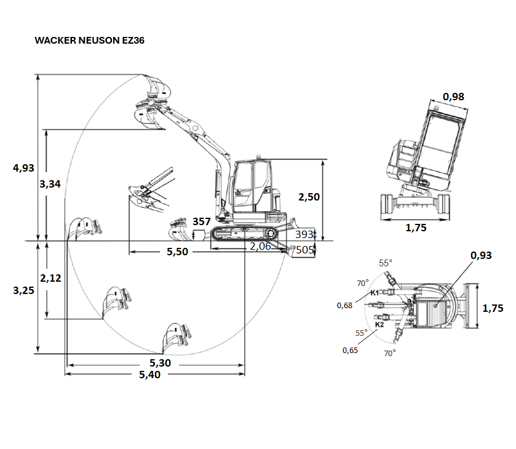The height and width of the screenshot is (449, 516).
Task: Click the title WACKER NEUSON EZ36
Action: pos(90,40)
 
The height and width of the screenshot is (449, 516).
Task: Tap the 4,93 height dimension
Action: pos(23,168)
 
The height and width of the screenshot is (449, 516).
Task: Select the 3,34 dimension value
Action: pos(50,184)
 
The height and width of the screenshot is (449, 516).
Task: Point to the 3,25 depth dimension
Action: pos(23,290)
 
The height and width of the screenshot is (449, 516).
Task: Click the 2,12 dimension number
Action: pos(50,278)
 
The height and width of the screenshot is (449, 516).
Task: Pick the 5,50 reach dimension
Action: pos(177,252)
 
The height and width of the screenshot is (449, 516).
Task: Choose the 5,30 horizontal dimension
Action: pos(161,363)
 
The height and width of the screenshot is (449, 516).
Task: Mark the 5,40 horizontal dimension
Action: pos(149,375)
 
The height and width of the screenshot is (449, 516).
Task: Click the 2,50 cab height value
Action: pos(309,197)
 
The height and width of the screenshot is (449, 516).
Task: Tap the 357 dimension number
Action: pos(201,221)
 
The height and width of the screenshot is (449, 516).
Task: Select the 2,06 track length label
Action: pos(260,246)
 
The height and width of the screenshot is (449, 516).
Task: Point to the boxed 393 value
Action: pos(304,234)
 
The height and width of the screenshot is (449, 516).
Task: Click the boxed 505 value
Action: pos(304,250)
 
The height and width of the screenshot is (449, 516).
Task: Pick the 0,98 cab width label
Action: pos(453,97)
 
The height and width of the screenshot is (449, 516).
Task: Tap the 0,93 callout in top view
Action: pos(481,255)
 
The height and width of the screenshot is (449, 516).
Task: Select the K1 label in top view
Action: pos(375,293)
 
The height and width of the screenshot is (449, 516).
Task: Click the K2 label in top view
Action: pos(379,324)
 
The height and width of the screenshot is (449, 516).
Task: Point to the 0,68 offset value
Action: pos(344,306)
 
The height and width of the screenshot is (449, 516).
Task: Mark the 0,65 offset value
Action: pos(350,350)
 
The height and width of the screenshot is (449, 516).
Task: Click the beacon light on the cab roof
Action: pos(259,157)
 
